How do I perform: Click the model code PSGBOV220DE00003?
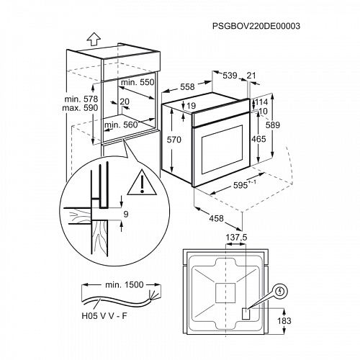click(x=256, y=25)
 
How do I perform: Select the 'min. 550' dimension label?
click(x=138, y=83)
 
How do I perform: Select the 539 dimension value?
click(x=228, y=75)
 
